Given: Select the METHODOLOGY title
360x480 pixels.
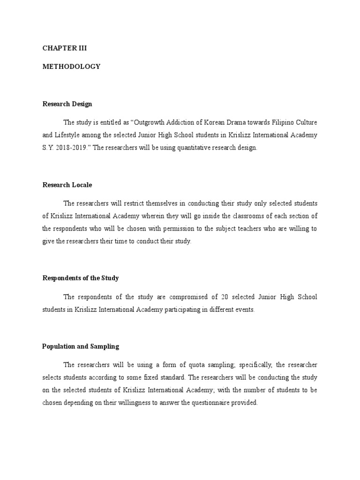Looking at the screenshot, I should point(71,67).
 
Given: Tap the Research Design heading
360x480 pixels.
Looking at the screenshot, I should point(67,104).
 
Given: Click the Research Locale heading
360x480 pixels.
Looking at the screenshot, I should point(67,185).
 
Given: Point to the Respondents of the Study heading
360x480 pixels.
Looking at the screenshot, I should point(80,278).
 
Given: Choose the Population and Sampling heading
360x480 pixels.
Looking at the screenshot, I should point(80,346).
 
